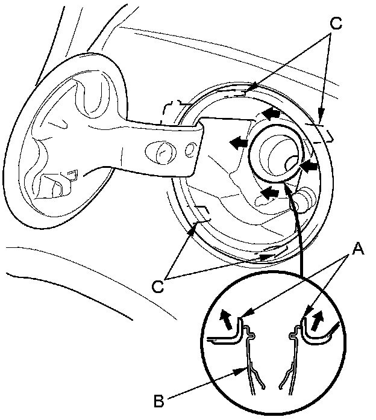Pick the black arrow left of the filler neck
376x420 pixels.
pyautogui.click(x=238, y=141)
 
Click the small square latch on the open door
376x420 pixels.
pyautogui.click(x=72, y=176)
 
